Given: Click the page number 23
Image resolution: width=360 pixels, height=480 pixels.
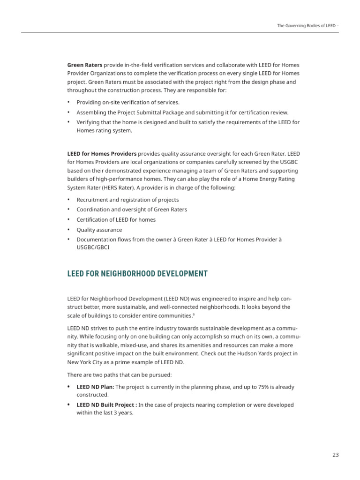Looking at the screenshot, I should click(x=335, y=455).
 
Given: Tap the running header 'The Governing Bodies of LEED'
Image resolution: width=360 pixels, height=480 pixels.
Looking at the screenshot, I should click(x=306, y=26).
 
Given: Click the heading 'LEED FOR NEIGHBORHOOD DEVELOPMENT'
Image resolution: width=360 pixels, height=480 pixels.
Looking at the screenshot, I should click(x=137, y=273).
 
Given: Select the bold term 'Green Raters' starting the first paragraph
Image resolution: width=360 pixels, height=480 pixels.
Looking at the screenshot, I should click(x=85, y=65).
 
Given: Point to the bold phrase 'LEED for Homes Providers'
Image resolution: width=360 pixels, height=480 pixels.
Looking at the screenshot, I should click(x=102, y=153).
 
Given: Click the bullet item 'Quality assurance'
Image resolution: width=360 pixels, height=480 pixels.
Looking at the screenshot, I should click(x=99, y=230).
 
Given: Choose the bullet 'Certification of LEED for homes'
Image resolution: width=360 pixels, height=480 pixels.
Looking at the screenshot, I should click(x=116, y=219).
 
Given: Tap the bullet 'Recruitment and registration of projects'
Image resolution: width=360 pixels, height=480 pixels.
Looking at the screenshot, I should click(x=127, y=200).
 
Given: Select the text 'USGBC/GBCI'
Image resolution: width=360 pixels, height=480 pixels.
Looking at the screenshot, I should click(x=93, y=248).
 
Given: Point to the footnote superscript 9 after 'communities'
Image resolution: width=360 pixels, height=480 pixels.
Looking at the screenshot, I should click(x=194, y=314).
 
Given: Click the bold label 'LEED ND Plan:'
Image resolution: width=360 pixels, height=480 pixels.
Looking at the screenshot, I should click(x=95, y=387).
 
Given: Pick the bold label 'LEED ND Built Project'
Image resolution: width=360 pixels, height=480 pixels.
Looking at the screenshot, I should click(x=106, y=405).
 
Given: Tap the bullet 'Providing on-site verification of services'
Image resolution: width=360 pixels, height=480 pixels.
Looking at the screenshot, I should click(x=128, y=102).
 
